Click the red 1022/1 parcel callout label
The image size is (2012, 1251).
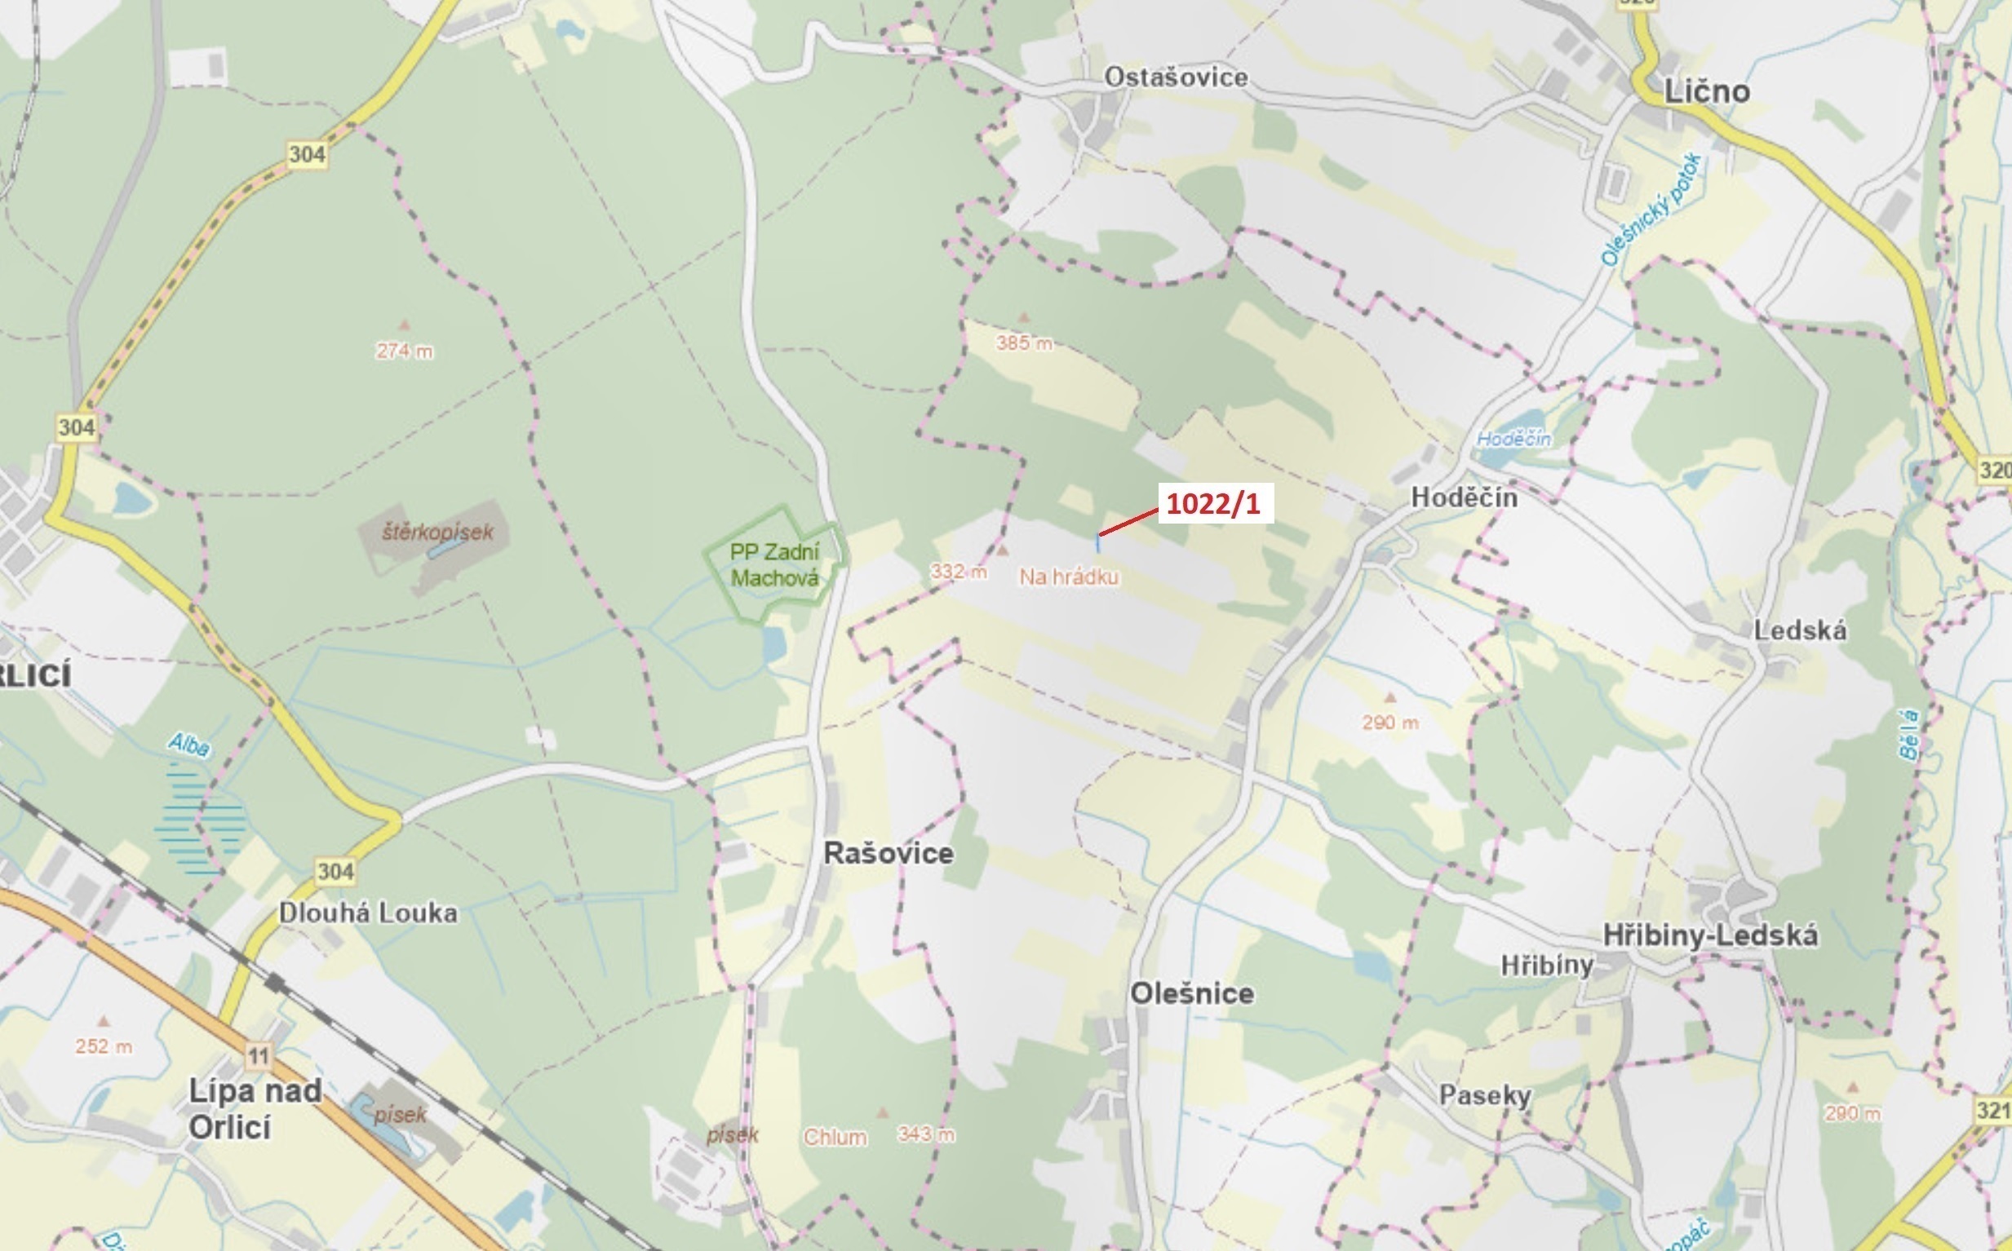(x=1212, y=504)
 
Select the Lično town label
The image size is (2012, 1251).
(x=1707, y=92)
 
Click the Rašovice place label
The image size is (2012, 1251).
(x=888, y=853)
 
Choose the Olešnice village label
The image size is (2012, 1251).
(x=1192, y=993)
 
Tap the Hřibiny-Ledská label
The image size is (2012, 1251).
(x=1710, y=935)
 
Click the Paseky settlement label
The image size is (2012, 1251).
(x=1485, y=1095)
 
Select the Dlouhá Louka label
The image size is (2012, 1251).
(x=367, y=913)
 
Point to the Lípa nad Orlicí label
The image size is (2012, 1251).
(x=254, y=1108)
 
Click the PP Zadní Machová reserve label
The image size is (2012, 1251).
(x=774, y=565)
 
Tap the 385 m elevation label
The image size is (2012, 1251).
(x=1024, y=343)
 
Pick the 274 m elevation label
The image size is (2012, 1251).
(x=404, y=351)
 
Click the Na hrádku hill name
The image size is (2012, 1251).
(x=1069, y=577)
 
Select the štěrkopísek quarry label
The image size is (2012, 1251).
(x=437, y=532)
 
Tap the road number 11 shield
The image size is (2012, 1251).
(x=258, y=1056)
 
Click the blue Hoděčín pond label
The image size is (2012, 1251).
(x=1513, y=439)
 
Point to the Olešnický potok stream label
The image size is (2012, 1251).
(x=1651, y=210)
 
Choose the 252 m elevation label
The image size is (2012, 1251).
(x=104, y=1046)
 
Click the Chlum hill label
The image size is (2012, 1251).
(x=835, y=1138)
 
